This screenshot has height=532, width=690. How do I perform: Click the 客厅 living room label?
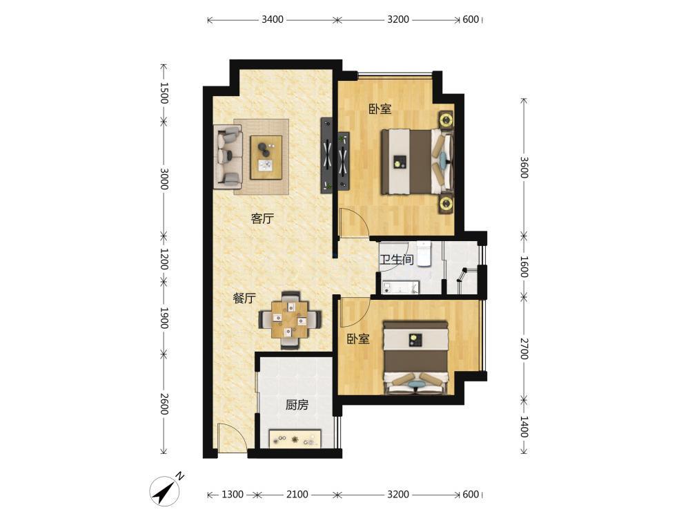(x=262, y=218)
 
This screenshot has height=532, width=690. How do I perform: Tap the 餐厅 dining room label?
(x=244, y=298)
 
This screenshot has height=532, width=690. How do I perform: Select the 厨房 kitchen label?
(x=297, y=404)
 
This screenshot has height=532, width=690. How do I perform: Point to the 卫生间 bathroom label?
(x=397, y=259)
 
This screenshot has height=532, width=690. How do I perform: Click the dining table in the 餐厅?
(x=290, y=320)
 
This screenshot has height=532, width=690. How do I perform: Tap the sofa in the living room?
(x=228, y=157)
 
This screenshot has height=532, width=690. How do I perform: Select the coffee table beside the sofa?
(x=266, y=158)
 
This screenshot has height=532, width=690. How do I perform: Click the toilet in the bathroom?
(x=424, y=254)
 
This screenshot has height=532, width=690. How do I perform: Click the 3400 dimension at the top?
(x=273, y=19)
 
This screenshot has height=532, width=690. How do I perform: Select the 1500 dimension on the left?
(x=164, y=93)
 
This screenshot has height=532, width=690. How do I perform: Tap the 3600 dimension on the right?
(x=524, y=167)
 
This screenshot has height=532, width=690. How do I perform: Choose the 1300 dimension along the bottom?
(x=233, y=494)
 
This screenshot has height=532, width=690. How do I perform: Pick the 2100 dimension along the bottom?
(x=297, y=494)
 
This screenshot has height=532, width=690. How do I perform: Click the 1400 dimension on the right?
(x=524, y=426)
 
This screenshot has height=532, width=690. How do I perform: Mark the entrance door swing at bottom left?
(x=229, y=437)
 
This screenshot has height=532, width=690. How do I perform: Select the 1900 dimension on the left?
(x=164, y=318)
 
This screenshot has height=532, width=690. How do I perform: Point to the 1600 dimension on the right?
(x=524, y=267)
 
